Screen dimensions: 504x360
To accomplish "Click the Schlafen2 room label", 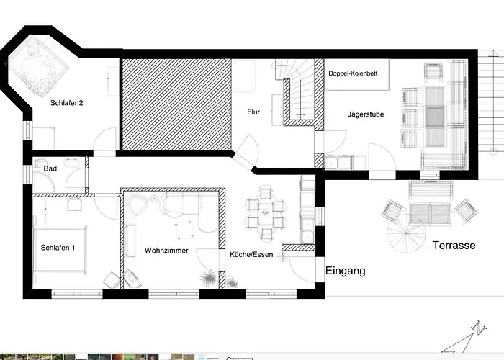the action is [x=66, y=103].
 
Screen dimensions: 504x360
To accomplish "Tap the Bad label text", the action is [x=50, y=168].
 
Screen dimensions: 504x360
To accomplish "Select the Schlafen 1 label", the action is [x=58, y=248].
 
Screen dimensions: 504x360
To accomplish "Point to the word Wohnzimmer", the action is [x=166, y=251].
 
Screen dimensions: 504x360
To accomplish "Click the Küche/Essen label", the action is [x=251, y=255].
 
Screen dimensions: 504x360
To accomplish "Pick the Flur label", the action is [x=253, y=112].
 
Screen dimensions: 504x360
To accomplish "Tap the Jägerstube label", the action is [x=366, y=114].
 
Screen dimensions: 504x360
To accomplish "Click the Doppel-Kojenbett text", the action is [x=353, y=73].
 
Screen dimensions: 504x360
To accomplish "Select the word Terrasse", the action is [x=454, y=246].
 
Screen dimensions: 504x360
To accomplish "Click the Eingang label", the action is [x=346, y=271].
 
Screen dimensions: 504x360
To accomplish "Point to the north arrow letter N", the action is [x=479, y=328].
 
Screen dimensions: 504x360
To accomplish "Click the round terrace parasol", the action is [x=406, y=233].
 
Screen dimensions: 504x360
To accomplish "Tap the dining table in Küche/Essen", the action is [x=266, y=212].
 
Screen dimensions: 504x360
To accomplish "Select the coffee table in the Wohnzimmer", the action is [x=184, y=230].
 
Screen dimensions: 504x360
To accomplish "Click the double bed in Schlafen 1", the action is [x=60, y=250].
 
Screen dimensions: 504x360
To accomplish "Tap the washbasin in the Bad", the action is [x=72, y=163].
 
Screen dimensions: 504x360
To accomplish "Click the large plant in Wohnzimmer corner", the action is [x=208, y=278].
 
